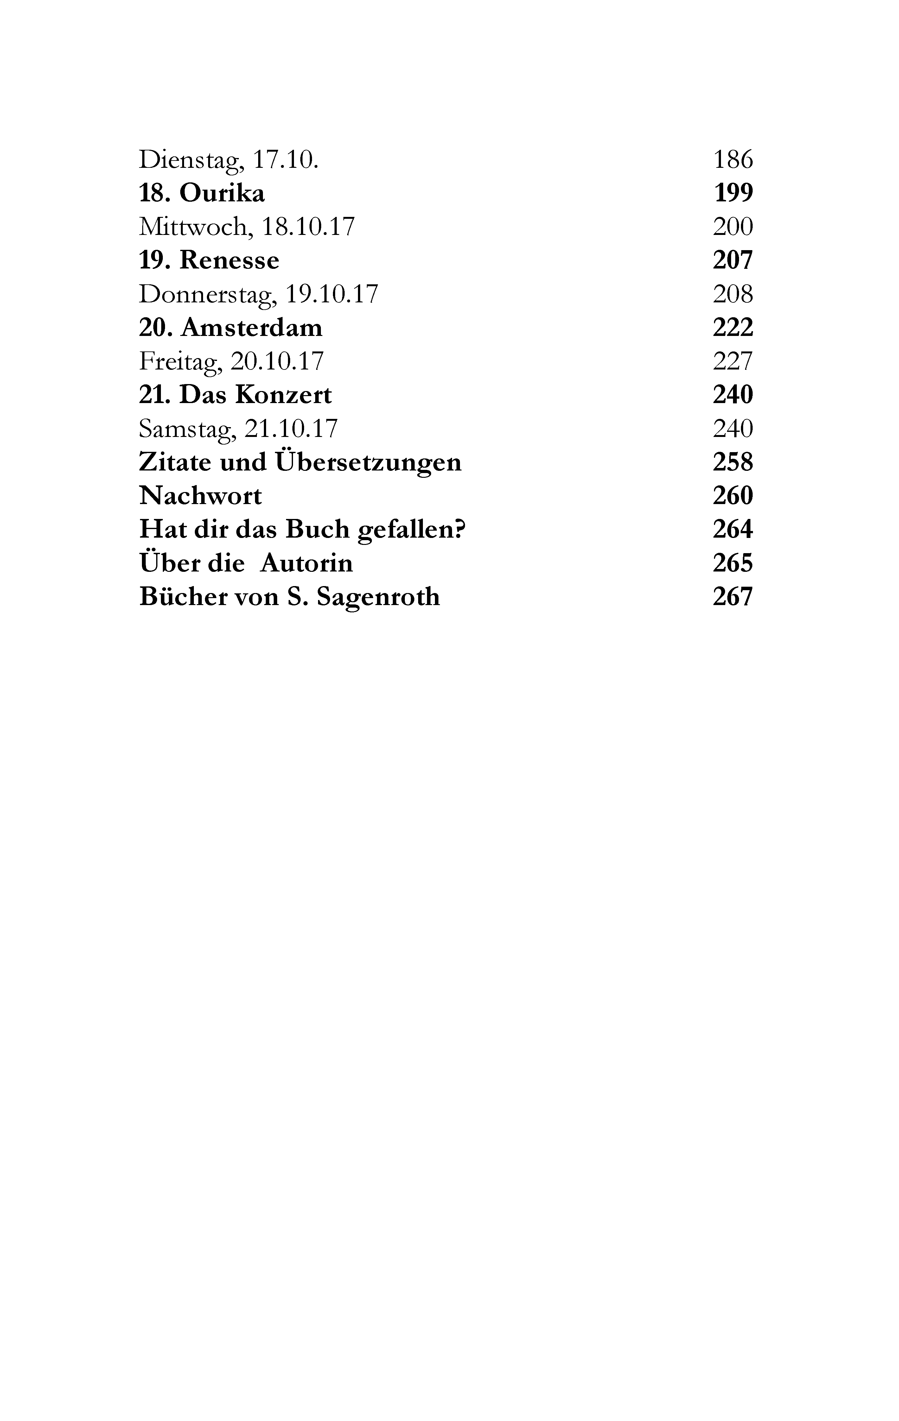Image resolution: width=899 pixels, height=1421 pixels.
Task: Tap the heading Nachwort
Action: tap(200, 496)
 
